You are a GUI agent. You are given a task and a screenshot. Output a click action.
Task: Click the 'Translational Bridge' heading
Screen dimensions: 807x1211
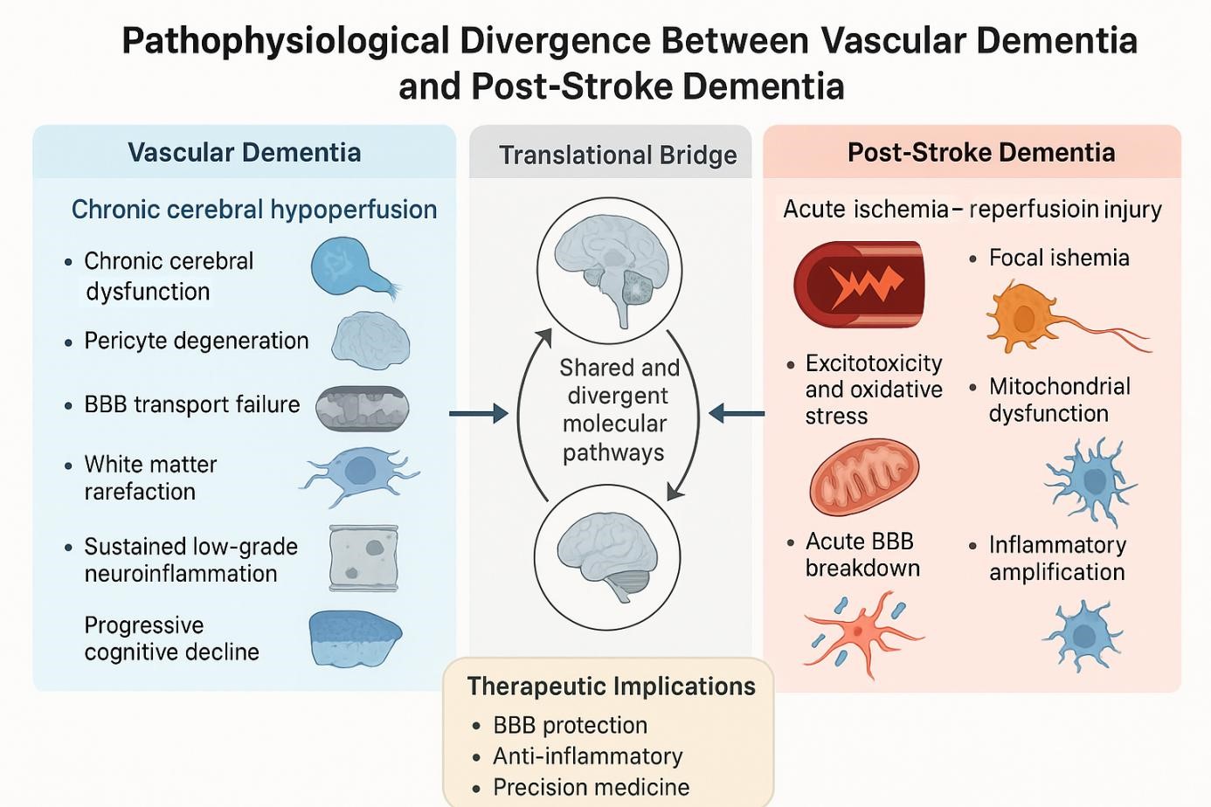click(618, 155)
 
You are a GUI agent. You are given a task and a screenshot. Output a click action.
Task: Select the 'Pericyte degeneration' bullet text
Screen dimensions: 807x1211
click(196, 341)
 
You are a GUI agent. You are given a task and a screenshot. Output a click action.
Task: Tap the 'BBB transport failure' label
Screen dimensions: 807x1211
click(191, 404)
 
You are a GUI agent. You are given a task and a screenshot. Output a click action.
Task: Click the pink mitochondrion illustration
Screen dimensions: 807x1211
click(864, 478)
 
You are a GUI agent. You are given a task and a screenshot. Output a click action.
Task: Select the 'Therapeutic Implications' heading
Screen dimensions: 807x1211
click(611, 686)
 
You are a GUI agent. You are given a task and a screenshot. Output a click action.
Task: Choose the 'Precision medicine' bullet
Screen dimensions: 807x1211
click(591, 787)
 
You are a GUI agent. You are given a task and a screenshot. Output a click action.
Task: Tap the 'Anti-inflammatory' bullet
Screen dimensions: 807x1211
click(587, 756)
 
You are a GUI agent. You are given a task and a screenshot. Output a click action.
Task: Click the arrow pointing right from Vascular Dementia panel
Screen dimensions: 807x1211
click(479, 412)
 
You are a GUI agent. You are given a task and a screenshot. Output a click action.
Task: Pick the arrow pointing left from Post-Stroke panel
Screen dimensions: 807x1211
click(737, 412)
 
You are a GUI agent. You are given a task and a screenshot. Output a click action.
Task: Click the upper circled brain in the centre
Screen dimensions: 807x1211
click(608, 265)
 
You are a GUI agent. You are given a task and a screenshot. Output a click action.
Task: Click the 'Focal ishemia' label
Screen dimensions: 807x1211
click(1058, 258)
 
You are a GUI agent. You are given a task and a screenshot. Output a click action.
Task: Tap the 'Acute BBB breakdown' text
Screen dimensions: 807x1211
click(862, 555)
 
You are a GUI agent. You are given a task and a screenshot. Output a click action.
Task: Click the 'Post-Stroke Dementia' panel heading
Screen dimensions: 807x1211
click(980, 153)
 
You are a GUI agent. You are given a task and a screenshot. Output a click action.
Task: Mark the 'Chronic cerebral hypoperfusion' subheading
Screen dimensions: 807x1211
click(254, 210)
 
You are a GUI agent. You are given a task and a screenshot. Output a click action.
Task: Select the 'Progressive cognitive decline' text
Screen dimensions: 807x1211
click(171, 638)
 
